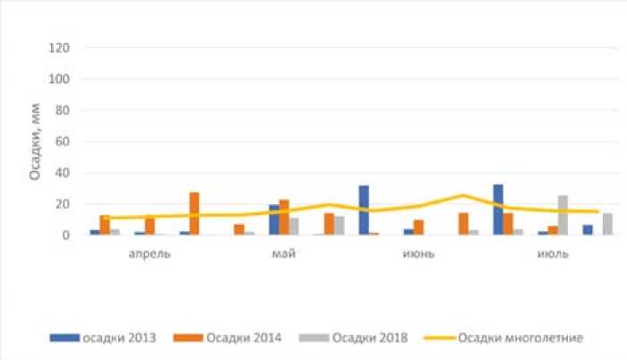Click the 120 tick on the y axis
coord(61,47)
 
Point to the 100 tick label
coord(61,79)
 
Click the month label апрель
coord(150,253)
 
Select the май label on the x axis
coord(284,253)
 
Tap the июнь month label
coord(418,253)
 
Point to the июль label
coord(552,253)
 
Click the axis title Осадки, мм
coord(35,141)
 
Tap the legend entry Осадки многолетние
coord(520,338)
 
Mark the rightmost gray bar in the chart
coord(607,224)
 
